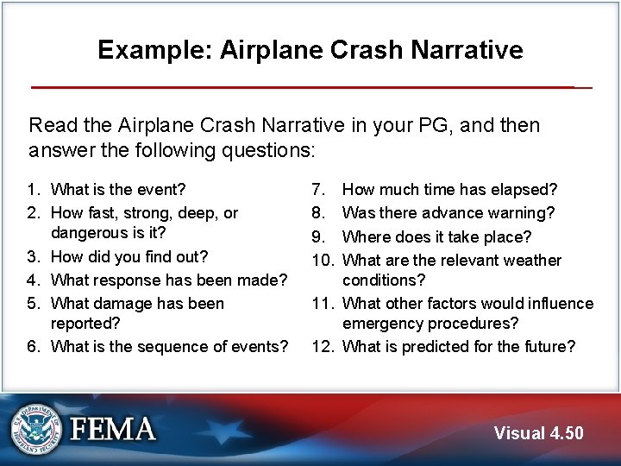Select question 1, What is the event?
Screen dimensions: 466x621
point(118,189)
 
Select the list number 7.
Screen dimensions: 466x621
point(318,189)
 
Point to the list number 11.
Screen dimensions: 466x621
point(323,303)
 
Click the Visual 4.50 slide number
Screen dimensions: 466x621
point(538,433)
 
